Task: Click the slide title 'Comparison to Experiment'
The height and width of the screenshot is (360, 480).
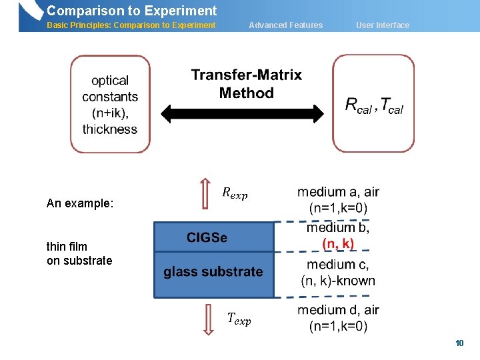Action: coord(131,11)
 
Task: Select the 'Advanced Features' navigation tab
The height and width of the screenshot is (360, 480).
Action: coord(285,25)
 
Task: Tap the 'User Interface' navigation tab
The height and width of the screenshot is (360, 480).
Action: coord(383,25)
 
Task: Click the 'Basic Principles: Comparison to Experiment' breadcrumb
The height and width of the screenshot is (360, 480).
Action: coord(131,25)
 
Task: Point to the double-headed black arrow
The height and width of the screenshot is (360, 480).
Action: coord(246,113)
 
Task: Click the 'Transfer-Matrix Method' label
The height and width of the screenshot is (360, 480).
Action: coord(246,84)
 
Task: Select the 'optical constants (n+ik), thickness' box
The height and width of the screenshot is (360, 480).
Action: coord(110,104)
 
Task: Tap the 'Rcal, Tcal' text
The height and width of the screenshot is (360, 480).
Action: coord(373,105)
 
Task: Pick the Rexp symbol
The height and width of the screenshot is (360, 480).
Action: coord(234,193)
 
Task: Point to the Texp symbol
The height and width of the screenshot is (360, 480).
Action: coord(239,319)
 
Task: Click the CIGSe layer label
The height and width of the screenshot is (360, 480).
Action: coord(207,237)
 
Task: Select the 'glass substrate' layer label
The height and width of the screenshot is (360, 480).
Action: coord(213,272)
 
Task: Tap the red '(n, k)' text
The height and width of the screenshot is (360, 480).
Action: coord(339,244)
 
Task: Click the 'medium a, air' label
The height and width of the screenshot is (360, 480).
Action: coord(338,193)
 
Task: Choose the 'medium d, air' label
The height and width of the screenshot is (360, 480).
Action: coord(338,310)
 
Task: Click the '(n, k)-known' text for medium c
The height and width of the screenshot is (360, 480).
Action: coord(338,281)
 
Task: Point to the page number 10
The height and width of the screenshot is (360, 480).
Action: coord(459,343)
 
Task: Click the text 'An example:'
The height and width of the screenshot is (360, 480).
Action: coord(80,203)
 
